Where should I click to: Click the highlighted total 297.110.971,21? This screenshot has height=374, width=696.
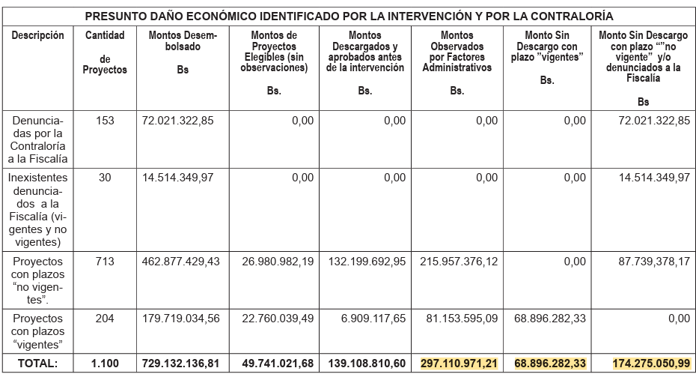[x=460, y=363]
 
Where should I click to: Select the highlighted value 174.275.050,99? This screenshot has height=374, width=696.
[x=650, y=363]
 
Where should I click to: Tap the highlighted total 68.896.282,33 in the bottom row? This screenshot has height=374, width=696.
[x=550, y=363]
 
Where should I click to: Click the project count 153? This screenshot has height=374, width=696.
[x=105, y=120]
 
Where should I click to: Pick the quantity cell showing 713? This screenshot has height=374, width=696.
[x=105, y=261]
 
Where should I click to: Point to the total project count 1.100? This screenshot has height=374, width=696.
[x=105, y=363]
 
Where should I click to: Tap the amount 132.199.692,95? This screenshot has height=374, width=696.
[x=366, y=261]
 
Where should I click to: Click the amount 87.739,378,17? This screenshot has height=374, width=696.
[x=650, y=261]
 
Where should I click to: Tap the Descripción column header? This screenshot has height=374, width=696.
[x=37, y=35]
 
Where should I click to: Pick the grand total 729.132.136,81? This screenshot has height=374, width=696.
[x=183, y=363]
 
